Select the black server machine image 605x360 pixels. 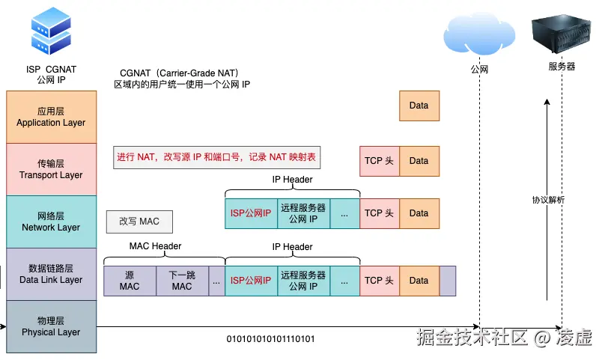[x=561, y=31]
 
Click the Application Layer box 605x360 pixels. [x=51, y=117]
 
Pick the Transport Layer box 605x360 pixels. [x=51, y=169]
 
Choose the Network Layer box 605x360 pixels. [x=51, y=222]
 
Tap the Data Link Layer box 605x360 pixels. [x=51, y=274]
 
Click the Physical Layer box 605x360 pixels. [x=51, y=326]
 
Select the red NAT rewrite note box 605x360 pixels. [x=216, y=158]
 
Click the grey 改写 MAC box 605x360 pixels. [x=139, y=221]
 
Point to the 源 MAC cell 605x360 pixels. [x=130, y=281]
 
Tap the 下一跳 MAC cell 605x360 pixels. [x=181, y=281]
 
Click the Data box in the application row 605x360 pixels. [x=419, y=106]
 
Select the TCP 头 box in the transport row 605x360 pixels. [x=379, y=161]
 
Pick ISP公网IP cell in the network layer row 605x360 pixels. [x=251, y=213]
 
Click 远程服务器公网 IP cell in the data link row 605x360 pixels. [x=303, y=281]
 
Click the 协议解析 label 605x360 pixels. [x=548, y=200]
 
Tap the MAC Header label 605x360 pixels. [x=155, y=247]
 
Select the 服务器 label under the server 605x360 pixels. [x=562, y=67]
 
